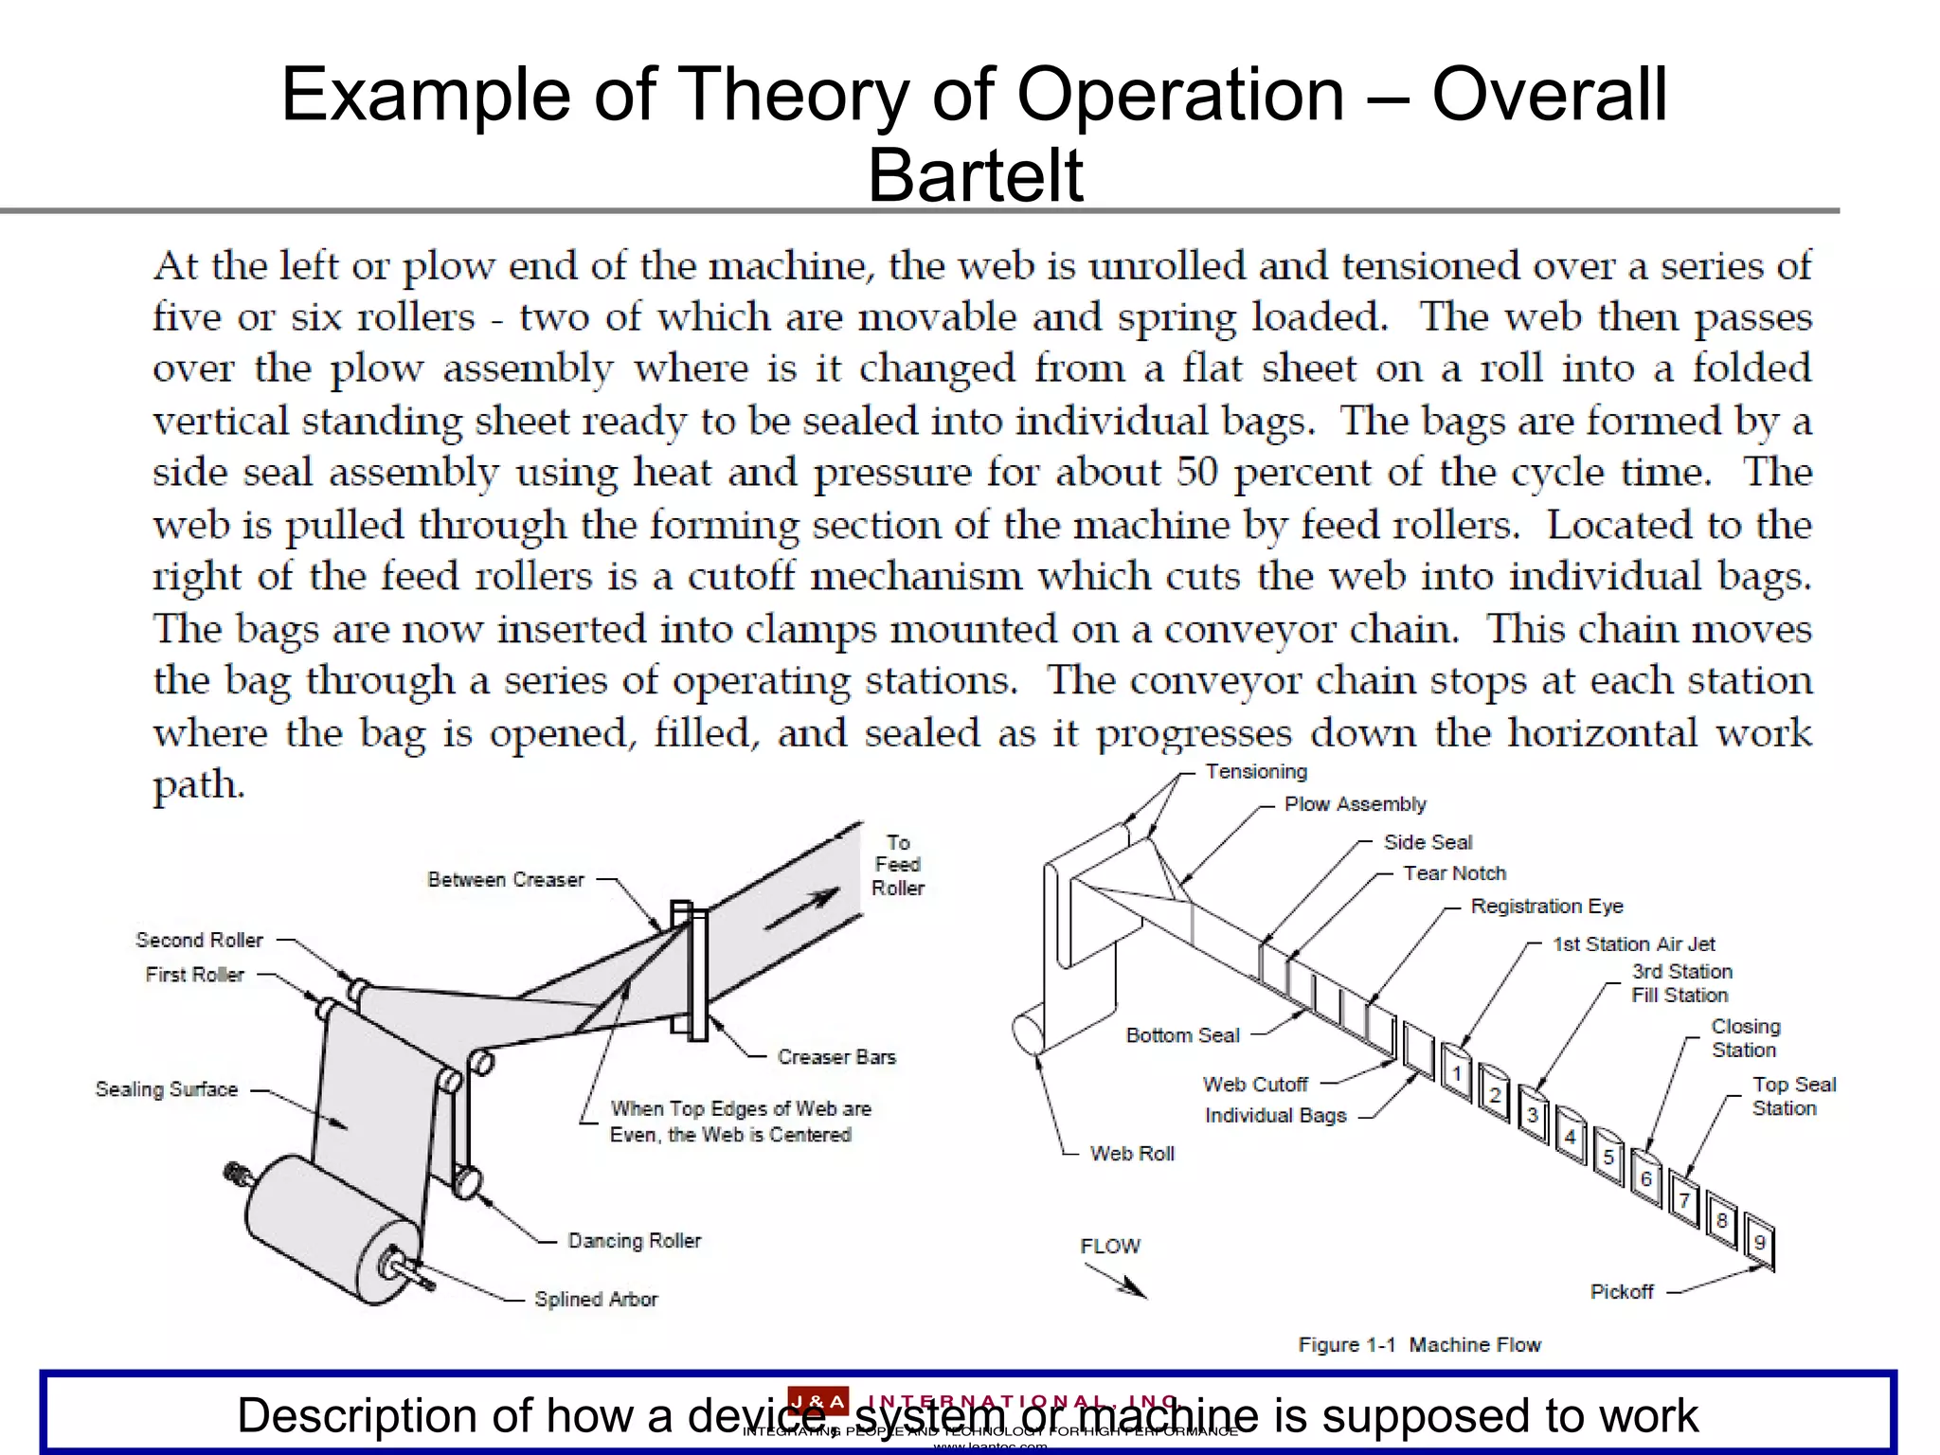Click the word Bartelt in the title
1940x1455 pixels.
975,175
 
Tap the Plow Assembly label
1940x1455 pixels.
1355,804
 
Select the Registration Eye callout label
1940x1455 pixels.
1546,907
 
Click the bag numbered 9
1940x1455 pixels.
1759,1242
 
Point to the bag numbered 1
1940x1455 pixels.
1456,1073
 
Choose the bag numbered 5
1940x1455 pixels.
1608,1158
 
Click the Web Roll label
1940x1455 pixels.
1132,1154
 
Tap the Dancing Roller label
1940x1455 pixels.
634,1241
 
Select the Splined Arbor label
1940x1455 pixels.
595,1300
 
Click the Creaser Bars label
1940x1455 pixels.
835,1057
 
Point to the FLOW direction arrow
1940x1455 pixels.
1118,1281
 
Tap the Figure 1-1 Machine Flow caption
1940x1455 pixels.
1419,1345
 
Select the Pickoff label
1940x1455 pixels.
1621,1292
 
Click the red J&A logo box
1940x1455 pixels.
817,1401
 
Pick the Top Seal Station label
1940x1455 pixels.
1793,1097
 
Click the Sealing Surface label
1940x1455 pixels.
166,1090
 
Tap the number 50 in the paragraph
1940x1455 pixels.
1196,472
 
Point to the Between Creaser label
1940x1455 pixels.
506,880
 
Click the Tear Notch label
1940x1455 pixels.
1454,873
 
